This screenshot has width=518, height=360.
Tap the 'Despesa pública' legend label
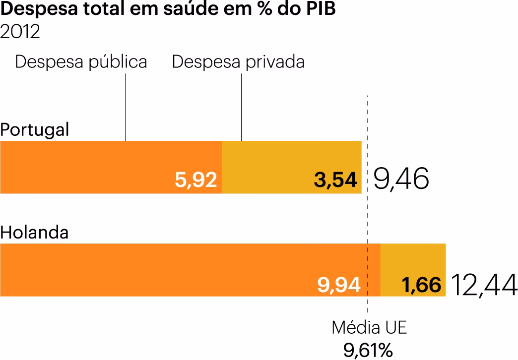(x=81, y=62)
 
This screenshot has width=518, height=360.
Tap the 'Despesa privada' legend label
(x=238, y=62)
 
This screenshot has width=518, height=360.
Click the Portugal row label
(x=35, y=130)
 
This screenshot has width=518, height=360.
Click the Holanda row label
(x=34, y=233)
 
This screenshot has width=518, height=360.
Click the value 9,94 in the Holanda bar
(x=339, y=285)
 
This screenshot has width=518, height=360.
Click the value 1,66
(x=421, y=285)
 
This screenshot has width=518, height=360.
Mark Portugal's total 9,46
(x=400, y=179)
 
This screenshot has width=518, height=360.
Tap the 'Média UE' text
(x=369, y=328)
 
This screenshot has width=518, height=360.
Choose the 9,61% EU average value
(x=368, y=350)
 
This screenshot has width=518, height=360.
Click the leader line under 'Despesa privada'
(x=241, y=107)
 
